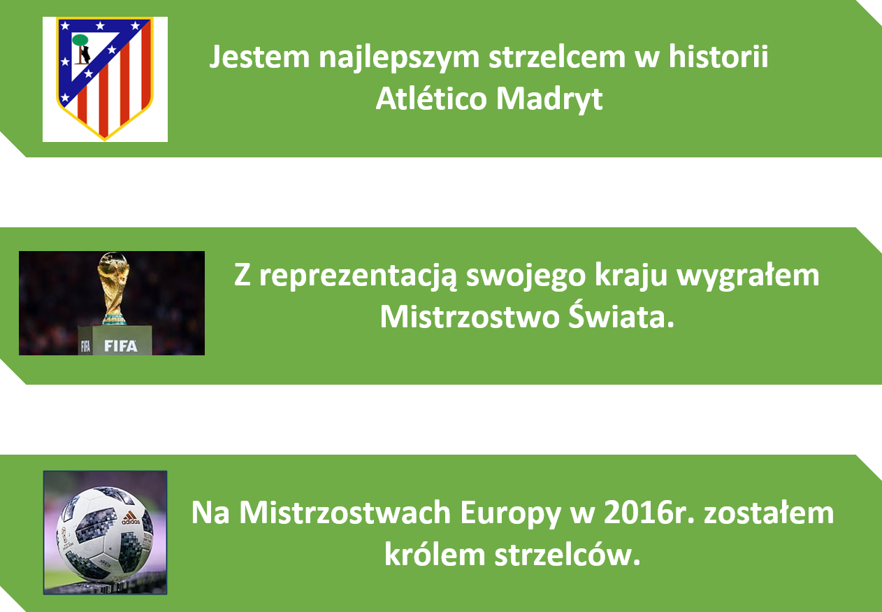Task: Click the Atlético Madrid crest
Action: click(105, 79)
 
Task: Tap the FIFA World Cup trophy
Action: click(114, 288)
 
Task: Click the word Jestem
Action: click(260, 57)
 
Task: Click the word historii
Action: click(718, 56)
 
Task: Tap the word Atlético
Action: click(431, 97)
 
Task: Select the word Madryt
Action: click(549, 99)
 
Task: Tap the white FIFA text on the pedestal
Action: click(120, 346)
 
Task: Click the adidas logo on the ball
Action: click(130, 518)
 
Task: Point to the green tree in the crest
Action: click(80, 40)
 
